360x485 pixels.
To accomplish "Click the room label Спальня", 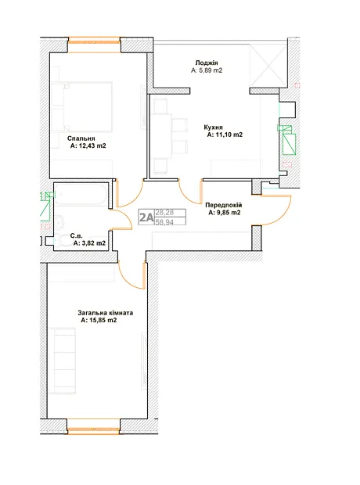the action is tap(81, 138).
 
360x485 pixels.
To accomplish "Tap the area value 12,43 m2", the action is tap(92, 145).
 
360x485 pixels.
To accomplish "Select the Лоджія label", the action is tap(207, 63).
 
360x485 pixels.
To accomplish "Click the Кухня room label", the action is tap(214, 128).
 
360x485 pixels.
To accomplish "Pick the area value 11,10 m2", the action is tap(229, 135).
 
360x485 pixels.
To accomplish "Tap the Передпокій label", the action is tap(224, 205).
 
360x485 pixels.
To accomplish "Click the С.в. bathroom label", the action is tap(77, 236).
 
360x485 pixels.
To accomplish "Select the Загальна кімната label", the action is tap(106, 313).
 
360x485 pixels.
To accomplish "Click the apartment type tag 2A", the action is tap(146, 217).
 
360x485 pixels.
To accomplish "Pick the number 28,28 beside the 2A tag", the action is tap(164, 213).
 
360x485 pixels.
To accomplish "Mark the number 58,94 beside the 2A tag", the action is tap(164, 222).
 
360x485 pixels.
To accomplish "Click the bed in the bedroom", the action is tap(81, 107).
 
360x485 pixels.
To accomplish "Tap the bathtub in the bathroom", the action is tap(81, 194).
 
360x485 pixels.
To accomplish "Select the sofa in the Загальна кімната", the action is tap(63, 361).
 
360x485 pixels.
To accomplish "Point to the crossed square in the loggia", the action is tap(268, 66).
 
